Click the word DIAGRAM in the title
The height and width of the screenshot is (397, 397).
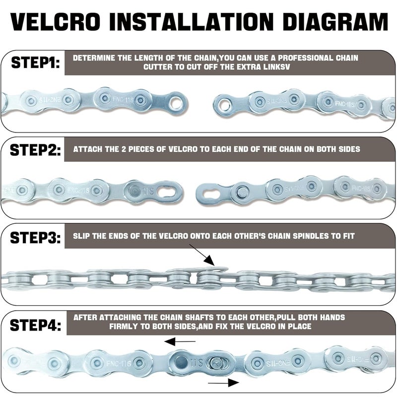pyautogui.click(x=335, y=21)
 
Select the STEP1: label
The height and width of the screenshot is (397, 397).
pyautogui.click(x=36, y=63)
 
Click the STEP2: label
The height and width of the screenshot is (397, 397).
pyautogui.click(x=35, y=150)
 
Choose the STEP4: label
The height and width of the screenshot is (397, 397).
pyautogui.click(x=35, y=325)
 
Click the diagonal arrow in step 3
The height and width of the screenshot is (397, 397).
pyautogui.click(x=202, y=255)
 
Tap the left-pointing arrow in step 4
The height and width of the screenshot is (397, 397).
pyautogui.click(x=180, y=341)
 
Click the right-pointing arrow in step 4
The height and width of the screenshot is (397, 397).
pyautogui.click(x=223, y=383)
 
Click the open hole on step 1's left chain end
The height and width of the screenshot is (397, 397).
pyautogui.click(x=177, y=103)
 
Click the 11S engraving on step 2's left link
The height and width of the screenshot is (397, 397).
pyautogui.click(x=148, y=191)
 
